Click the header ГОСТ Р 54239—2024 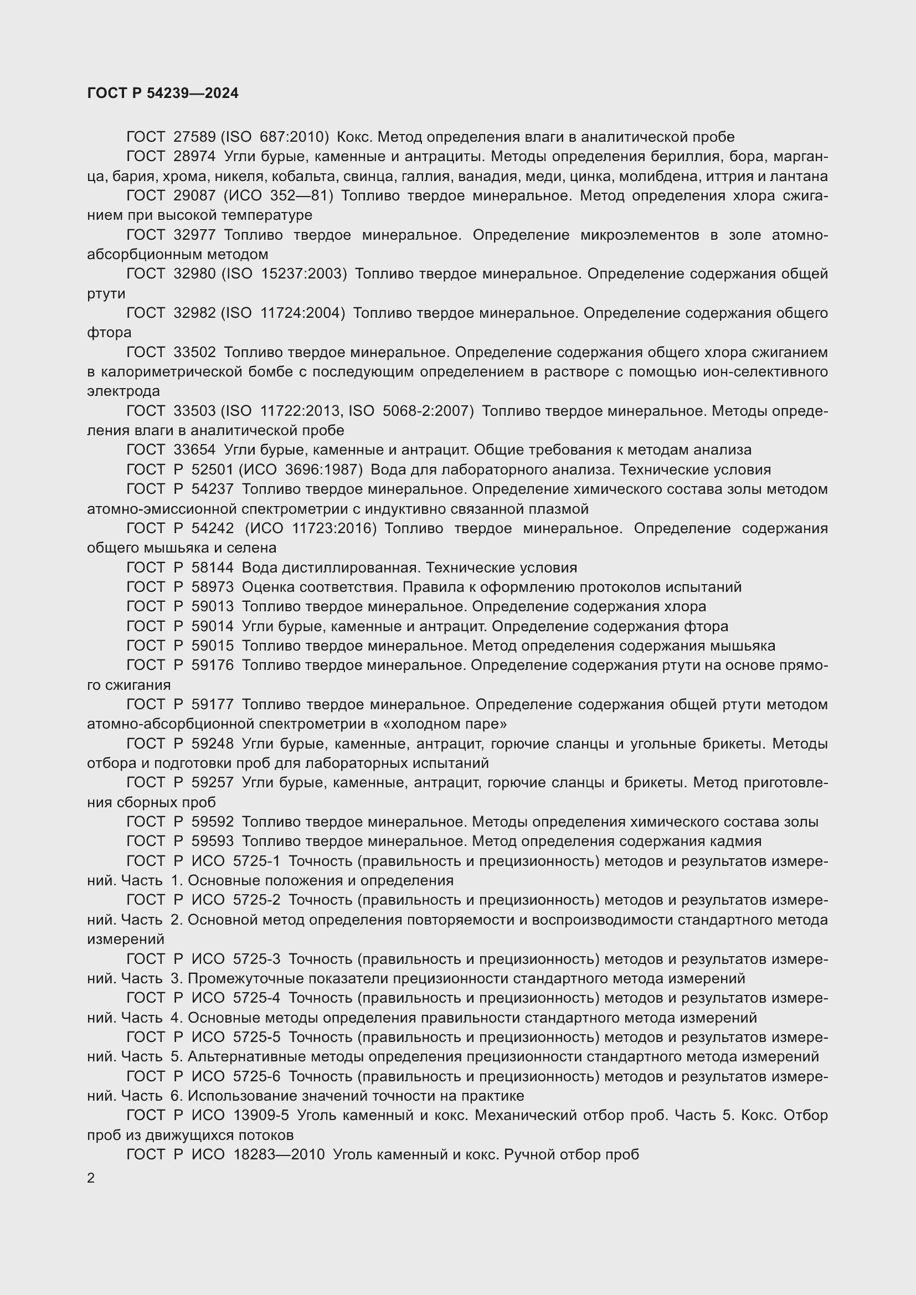pyautogui.click(x=163, y=93)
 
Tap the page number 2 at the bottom pyautogui.click(x=91, y=1178)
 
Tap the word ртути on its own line pyautogui.click(x=106, y=294)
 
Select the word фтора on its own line pyautogui.click(x=109, y=333)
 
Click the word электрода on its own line pyautogui.click(x=123, y=391)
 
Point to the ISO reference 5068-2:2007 pyautogui.click(x=428, y=411)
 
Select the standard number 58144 pyautogui.click(x=213, y=568)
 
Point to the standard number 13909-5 pyautogui.click(x=261, y=1116)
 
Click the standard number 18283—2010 pyautogui.click(x=279, y=1154)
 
